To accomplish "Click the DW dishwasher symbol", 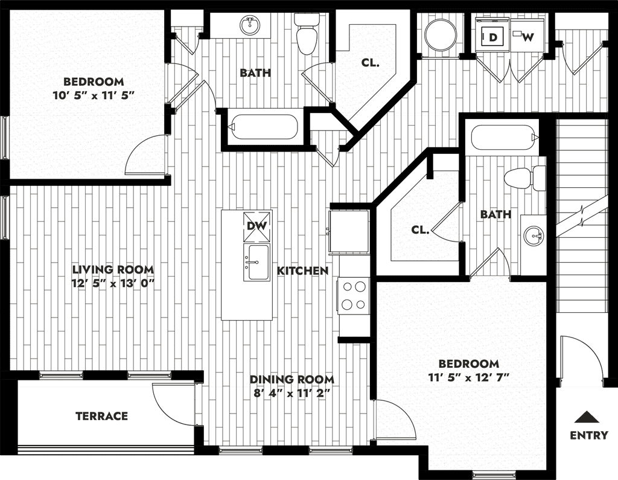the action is tap(257, 226).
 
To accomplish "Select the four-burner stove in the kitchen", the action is tap(353, 295).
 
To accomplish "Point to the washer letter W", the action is tap(528, 37).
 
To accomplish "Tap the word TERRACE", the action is tap(101, 416).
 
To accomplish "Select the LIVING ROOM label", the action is tap(113, 269).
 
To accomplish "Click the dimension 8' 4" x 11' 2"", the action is tap(291, 393).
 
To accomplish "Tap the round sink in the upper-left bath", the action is tap(250, 25).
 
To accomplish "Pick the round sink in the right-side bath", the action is tap(534, 236).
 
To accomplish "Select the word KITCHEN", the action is tap(303, 270).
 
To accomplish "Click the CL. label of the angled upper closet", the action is tap(371, 62).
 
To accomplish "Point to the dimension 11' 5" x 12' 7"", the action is tap(469, 377).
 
